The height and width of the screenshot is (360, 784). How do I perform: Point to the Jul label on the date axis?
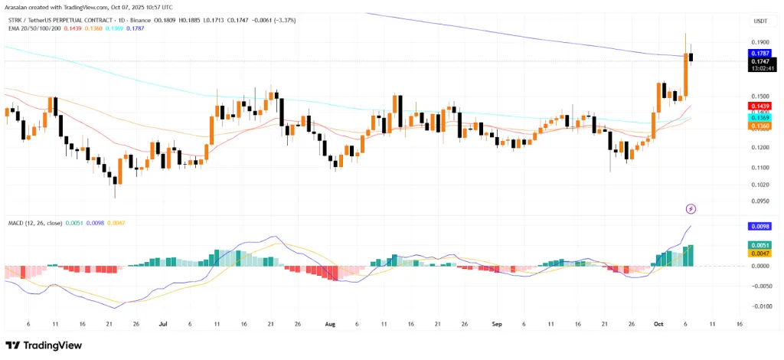[x=164, y=324]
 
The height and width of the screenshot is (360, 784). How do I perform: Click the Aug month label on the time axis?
[x=330, y=324]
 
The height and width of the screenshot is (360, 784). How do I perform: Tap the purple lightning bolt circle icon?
[x=691, y=208]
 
